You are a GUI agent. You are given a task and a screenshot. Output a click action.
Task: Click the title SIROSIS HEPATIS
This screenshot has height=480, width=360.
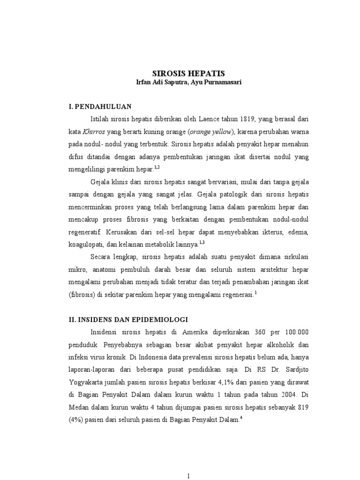pos(189,73)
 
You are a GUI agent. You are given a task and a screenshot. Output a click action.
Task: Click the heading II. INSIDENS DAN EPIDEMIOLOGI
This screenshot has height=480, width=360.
pos(128,319)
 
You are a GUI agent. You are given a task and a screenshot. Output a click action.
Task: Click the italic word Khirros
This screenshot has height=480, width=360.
pos(94,131)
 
